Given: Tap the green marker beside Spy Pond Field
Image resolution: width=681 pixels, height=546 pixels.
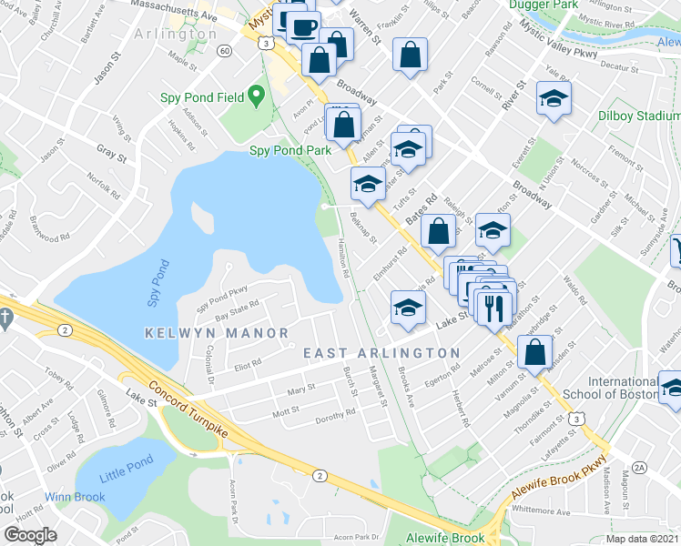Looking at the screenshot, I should (258, 94).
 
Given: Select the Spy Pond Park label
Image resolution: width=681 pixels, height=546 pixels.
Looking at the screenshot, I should (291, 150).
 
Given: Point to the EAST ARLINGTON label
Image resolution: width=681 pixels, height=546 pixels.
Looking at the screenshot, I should (381, 353).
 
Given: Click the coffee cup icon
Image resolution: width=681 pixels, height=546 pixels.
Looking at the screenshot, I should (305, 25).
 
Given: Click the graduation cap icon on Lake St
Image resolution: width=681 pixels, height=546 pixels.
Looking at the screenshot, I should (408, 308).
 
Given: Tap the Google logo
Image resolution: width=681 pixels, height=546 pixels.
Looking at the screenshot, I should (31, 535).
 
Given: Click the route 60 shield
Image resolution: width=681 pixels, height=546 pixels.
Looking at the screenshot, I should (224, 51).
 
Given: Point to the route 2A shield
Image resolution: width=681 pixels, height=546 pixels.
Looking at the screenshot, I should (639, 467).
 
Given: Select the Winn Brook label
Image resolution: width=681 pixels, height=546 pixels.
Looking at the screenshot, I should (77, 497).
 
